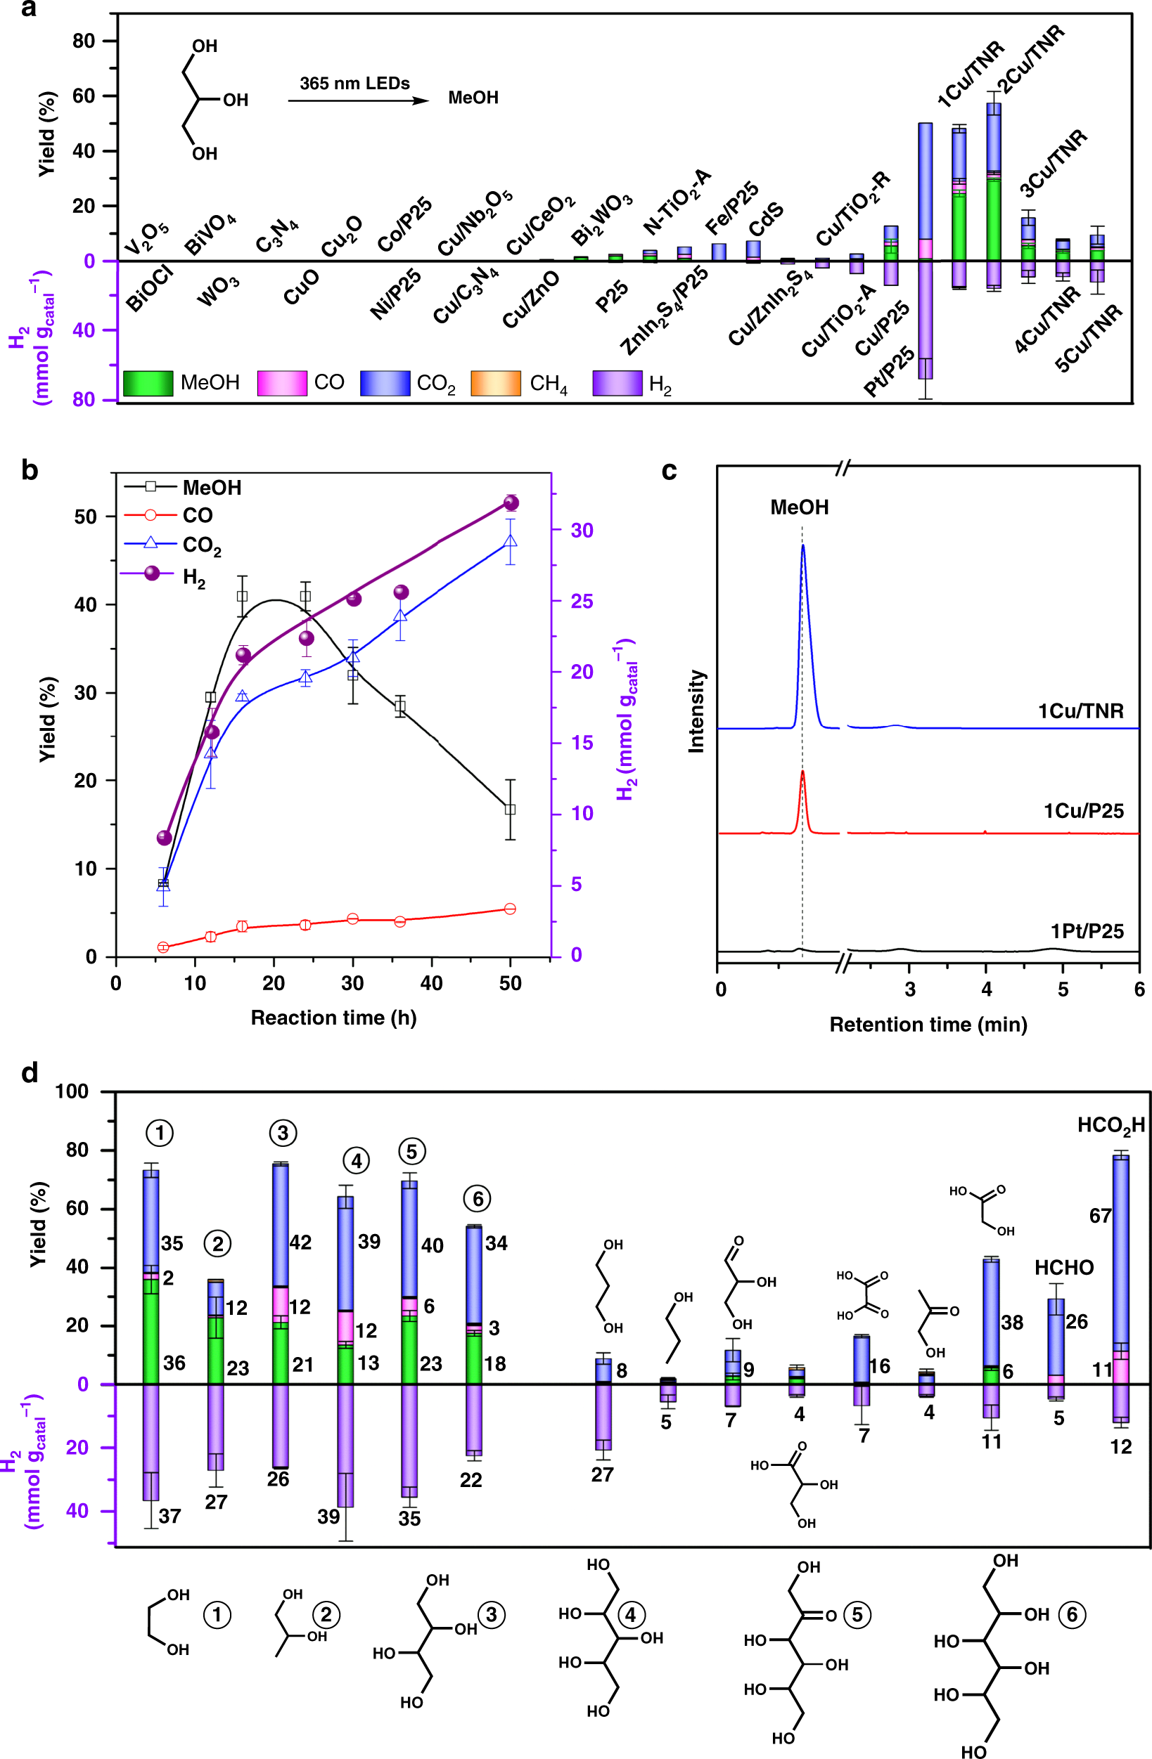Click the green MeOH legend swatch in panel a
coord(148,383)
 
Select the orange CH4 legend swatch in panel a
coord(494,383)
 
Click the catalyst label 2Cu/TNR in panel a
coord(1031,58)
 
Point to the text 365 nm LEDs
coord(354,84)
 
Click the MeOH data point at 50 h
coord(509,810)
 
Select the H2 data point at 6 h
coord(164,838)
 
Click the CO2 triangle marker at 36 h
coord(400,615)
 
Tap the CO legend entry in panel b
coord(197,515)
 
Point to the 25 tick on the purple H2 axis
coord(581,601)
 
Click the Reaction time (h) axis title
coord(333,1018)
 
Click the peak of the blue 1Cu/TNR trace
coord(802,545)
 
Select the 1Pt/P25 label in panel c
coord(1086,930)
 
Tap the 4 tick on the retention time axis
coord(986,989)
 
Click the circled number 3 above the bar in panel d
coord(283,1132)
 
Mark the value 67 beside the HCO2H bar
coord(1100,1215)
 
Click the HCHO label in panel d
coord(1063,1268)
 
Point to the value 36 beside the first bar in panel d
coord(174,1363)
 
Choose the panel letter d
coord(30,1072)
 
